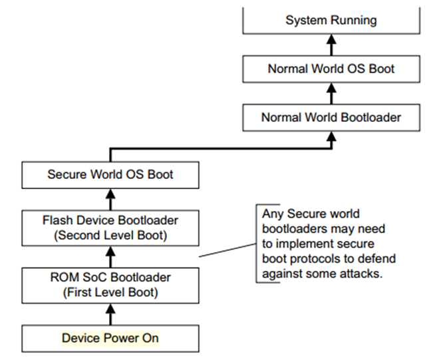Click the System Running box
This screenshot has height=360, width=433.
point(331,21)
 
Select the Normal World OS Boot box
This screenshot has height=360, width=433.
point(331,69)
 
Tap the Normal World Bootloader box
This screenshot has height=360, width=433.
point(331,117)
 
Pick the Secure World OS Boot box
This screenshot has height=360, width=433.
point(110,175)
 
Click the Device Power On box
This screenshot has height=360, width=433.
point(110,337)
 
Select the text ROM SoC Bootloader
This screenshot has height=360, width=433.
point(110,277)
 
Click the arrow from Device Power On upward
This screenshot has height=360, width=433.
point(111,313)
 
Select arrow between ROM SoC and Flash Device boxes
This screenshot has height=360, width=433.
point(111,256)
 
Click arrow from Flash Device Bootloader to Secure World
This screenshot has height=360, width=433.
point(111,197)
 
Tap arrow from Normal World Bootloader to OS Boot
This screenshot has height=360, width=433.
point(331,93)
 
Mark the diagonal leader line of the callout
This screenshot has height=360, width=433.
point(227,250)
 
